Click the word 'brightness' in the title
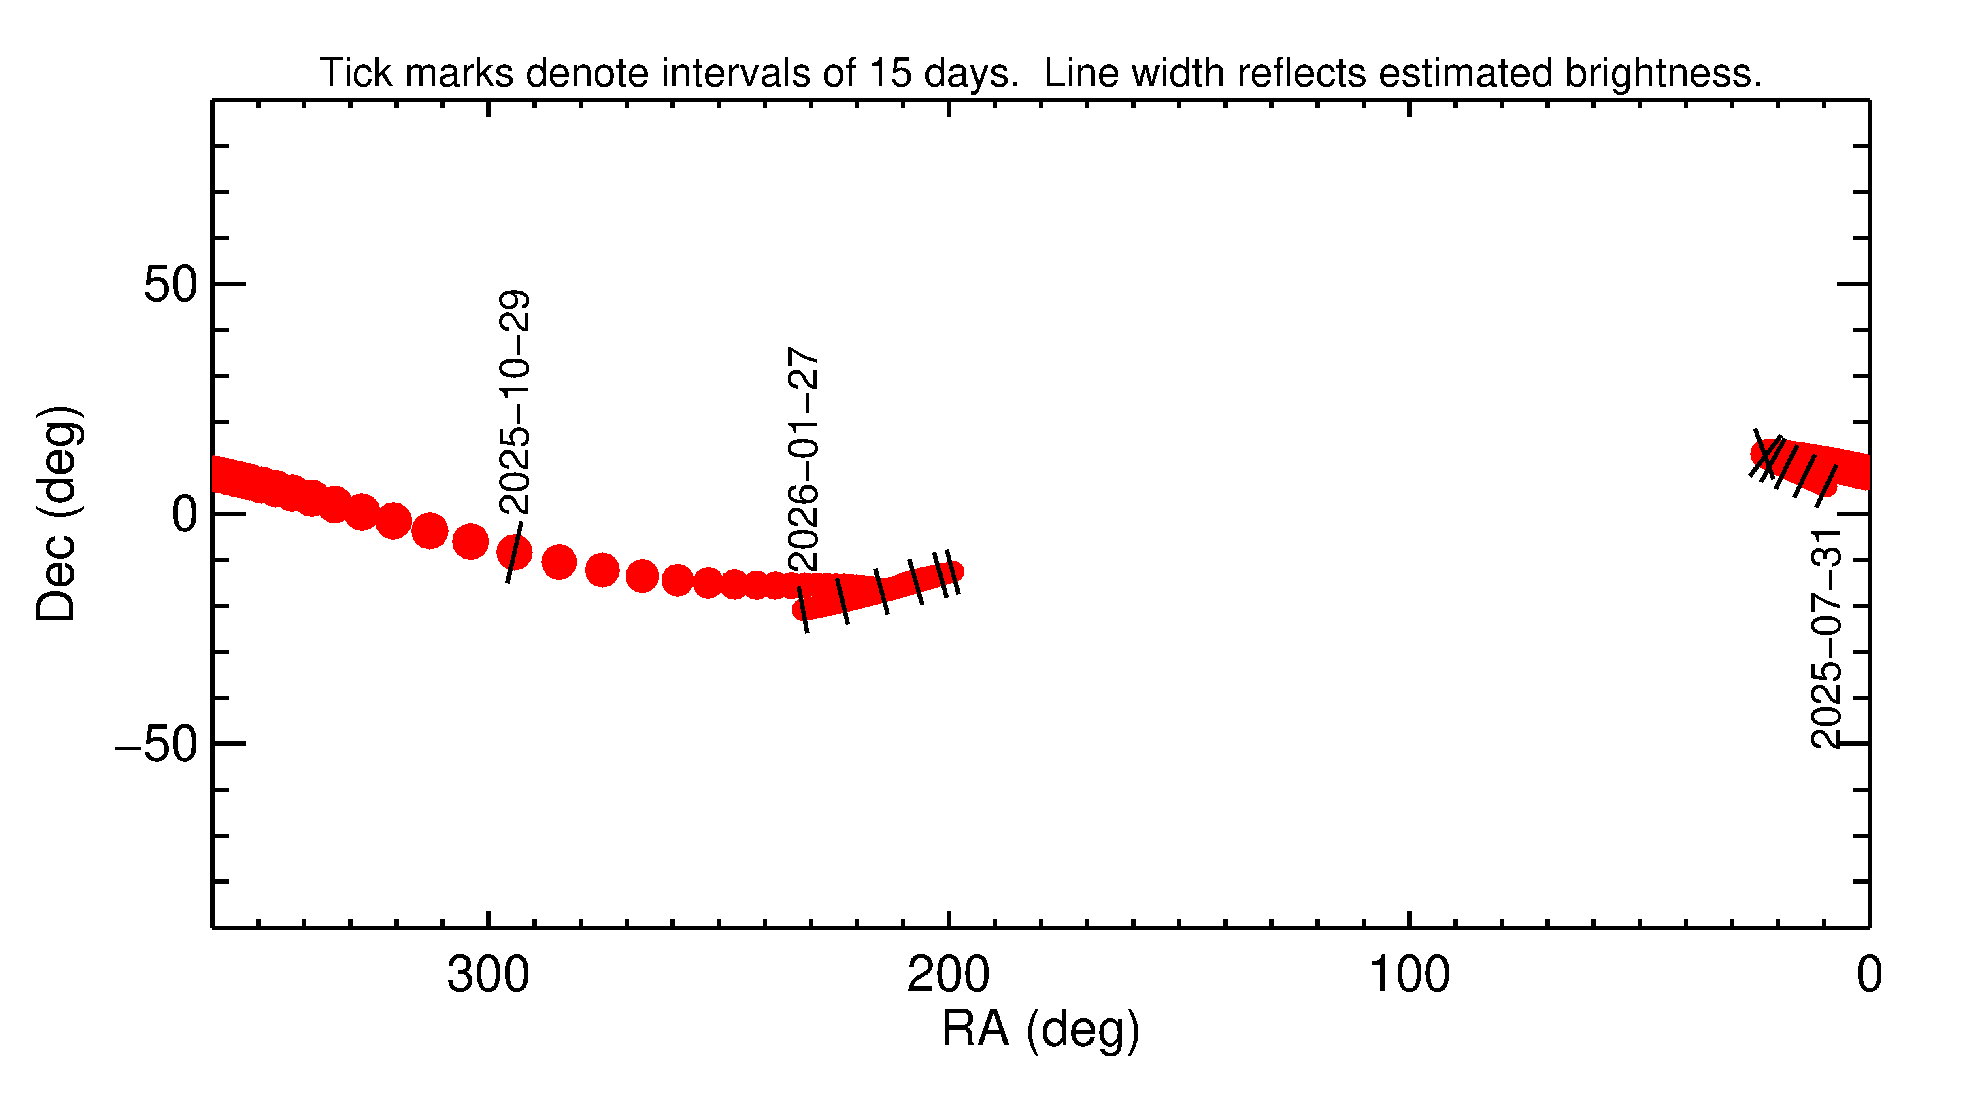pos(1661,73)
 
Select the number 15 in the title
pos(890,73)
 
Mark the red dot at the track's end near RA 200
pos(950,571)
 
